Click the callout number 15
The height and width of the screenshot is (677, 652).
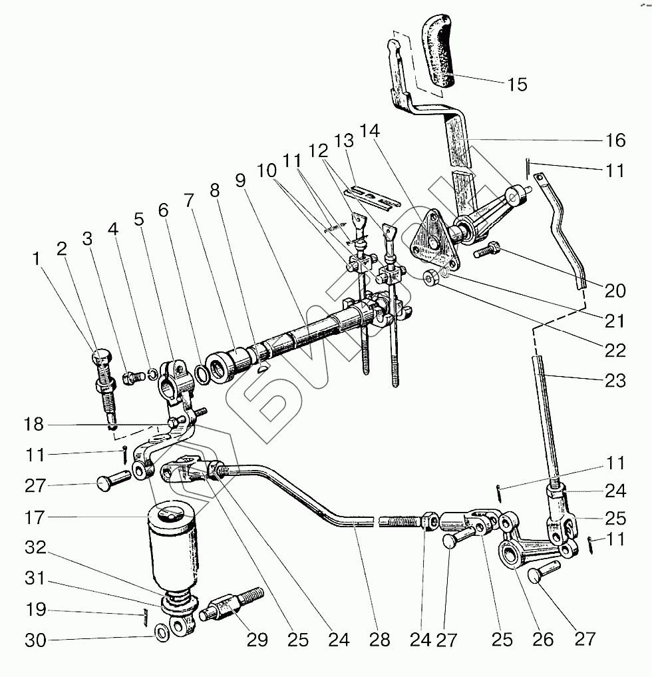point(516,84)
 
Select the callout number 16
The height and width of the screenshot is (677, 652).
point(615,140)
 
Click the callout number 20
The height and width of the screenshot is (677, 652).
point(615,290)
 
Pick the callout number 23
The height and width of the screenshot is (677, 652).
point(615,381)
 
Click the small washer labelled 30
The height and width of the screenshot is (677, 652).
point(162,630)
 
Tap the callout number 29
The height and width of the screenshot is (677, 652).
point(257,640)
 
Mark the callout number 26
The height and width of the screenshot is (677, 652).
point(543,640)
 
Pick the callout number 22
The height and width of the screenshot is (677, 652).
point(615,350)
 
